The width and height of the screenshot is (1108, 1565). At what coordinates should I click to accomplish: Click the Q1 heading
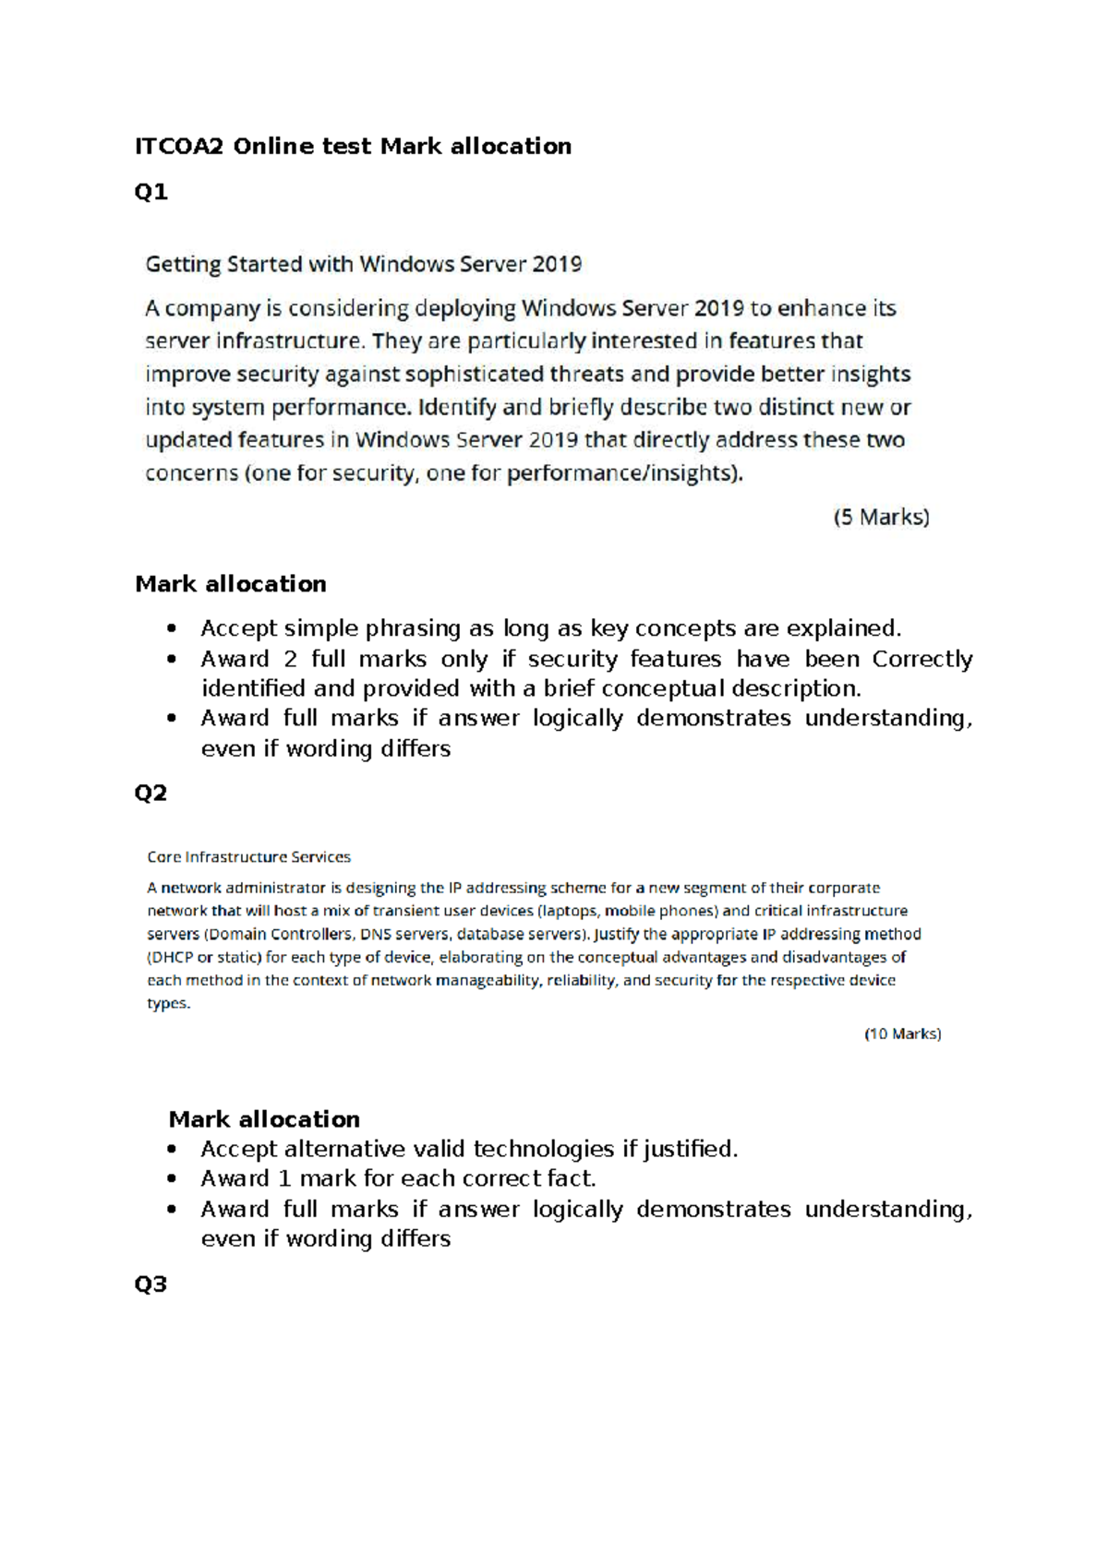click(151, 192)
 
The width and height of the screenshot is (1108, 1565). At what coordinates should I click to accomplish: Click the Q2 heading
click(151, 793)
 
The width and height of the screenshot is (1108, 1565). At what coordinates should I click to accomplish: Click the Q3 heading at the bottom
click(151, 1284)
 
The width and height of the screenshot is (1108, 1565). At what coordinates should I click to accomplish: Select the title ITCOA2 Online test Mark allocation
click(353, 147)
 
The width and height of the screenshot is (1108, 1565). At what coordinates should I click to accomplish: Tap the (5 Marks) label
click(881, 517)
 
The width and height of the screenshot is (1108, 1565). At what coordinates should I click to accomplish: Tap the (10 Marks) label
click(902, 1033)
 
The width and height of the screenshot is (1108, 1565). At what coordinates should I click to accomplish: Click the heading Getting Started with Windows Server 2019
click(364, 265)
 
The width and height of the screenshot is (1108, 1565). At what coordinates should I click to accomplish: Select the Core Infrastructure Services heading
click(248, 857)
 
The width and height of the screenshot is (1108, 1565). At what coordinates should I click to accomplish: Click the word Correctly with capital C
click(921, 659)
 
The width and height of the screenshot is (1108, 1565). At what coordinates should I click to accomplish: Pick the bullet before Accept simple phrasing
click(171, 629)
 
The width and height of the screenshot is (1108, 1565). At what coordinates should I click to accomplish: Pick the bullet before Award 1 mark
click(171, 1179)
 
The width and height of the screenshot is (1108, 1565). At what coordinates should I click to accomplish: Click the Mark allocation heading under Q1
click(231, 584)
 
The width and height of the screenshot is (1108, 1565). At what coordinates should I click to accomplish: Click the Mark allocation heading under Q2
click(264, 1119)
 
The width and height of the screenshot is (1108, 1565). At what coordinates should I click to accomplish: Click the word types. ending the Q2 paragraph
click(169, 1003)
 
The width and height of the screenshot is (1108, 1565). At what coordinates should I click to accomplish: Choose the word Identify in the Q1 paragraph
click(456, 407)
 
